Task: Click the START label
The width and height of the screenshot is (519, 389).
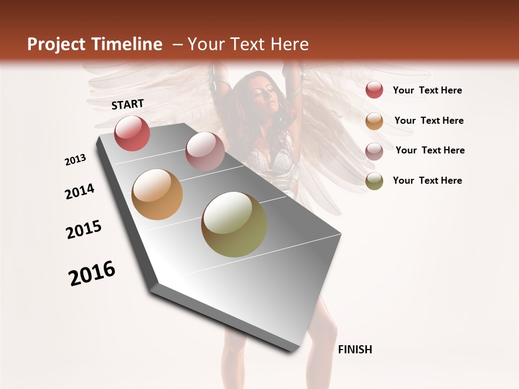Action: coord(128,104)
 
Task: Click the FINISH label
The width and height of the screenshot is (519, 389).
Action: coord(355,350)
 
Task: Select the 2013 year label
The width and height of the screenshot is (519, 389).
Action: coord(76,160)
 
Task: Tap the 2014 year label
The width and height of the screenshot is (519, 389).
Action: coord(80,192)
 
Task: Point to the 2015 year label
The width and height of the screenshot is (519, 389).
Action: coord(84,230)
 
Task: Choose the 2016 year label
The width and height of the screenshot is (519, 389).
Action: coord(92,273)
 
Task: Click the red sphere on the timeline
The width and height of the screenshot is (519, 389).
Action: coord(132,133)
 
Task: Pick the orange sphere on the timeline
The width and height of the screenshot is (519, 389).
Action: coord(157,194)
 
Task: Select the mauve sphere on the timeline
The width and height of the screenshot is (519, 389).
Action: coord(205,151)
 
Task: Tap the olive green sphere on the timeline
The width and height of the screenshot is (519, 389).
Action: coord(234,224)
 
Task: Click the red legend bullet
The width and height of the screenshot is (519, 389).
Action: coord(374,90)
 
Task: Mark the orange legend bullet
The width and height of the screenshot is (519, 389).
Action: coord(374,121)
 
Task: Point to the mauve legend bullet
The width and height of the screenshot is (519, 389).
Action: coord(374,151)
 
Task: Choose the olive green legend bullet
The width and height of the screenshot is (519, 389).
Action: coord(374,181)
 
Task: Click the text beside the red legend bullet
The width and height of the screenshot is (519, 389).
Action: coord(427,91)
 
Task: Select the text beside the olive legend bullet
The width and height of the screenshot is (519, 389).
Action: coord(427,180)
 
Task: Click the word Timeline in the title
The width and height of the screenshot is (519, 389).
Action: coord(128,44)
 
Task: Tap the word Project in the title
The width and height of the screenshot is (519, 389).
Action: coord(56,44)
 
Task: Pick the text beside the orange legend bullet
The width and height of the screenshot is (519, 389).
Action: coord(429,120)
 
